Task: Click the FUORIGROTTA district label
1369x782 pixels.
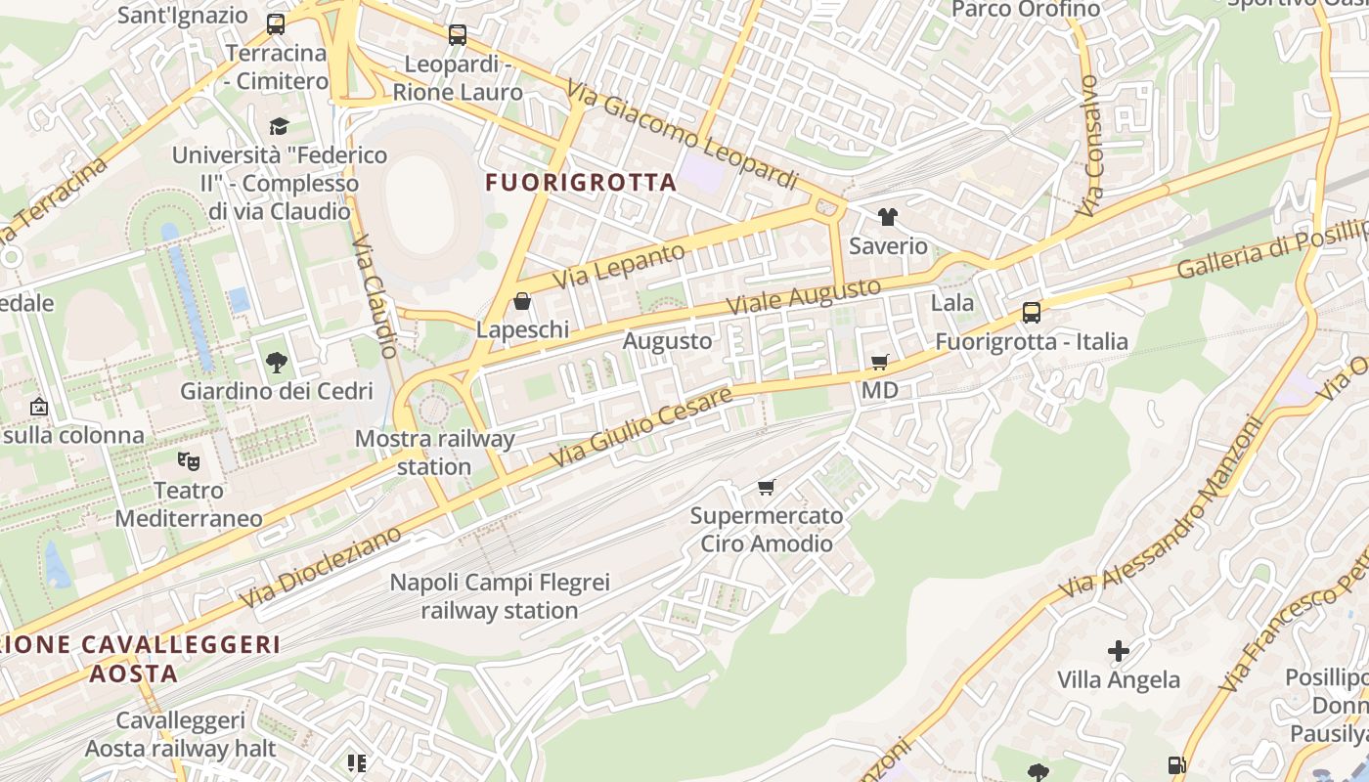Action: pos(581,183)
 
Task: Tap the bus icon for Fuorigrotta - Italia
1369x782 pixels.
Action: pos(1032,313)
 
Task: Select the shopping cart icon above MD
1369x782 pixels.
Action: pos(880,363)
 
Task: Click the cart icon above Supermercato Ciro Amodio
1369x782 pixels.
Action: pos(767,487)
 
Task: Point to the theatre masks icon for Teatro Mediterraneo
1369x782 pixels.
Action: pos(188,459)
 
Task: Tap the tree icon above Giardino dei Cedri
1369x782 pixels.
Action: pos(277,363)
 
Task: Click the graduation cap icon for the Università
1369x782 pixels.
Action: pos(280,126)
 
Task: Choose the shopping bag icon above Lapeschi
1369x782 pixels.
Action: pos(522,301)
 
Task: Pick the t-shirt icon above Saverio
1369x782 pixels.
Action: pos(888,217)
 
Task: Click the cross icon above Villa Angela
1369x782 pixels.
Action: pos(1119,651)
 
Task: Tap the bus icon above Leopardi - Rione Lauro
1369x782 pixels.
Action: pos(458,35)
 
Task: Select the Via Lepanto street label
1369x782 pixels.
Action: pos(619,266)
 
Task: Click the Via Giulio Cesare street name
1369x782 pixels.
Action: pos(640,426)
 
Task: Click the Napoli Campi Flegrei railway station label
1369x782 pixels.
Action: pos(500,596)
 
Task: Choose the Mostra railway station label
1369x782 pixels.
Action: pos(434,453)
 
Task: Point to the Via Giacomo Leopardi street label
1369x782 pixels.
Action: pos(682,135)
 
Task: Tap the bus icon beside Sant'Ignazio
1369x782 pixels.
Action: pos(276,23)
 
